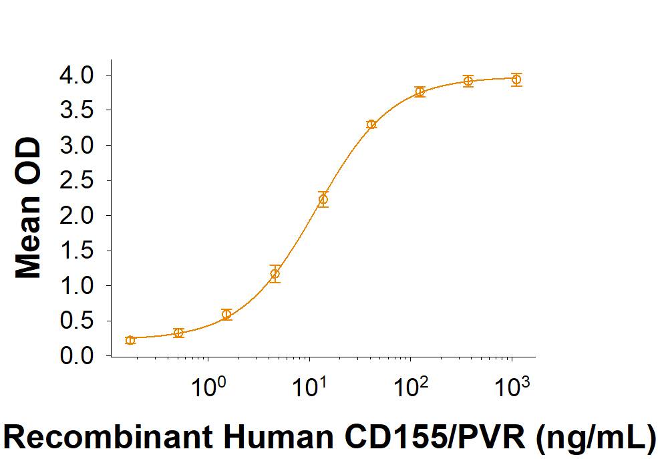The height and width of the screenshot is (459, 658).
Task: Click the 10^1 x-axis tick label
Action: [x=310, y=386]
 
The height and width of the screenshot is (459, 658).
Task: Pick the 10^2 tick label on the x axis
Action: [x=411, y=386]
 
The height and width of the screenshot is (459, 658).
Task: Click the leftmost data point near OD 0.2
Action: [x=130, y=340]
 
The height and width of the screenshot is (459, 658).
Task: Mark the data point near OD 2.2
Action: [x=323, y=199]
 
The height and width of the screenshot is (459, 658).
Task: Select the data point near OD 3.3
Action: [x=371, y=124]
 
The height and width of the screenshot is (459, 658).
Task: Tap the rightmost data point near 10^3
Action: [x=516, y=80]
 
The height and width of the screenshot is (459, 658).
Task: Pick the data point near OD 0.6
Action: [x=227, y=314]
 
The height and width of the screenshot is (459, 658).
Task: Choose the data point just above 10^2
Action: [x=420, y=92]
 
